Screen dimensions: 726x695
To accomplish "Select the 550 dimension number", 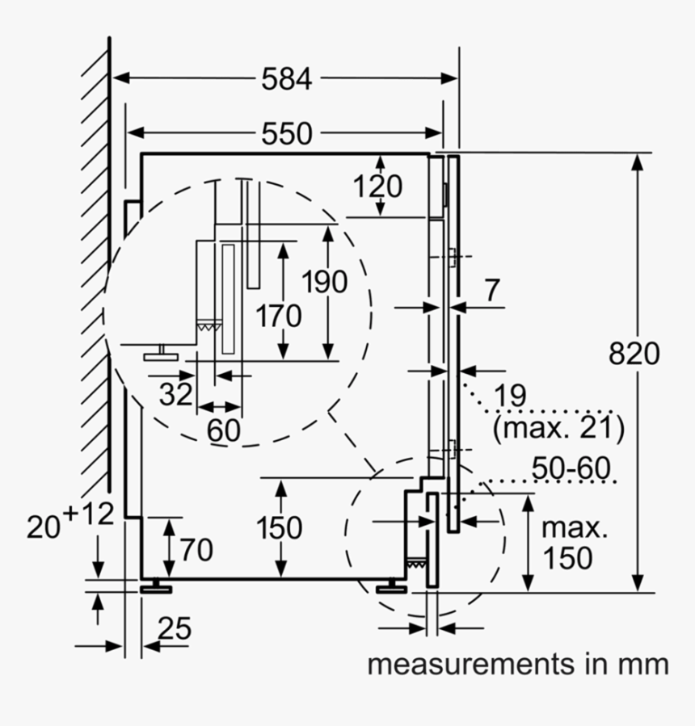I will pos(286,133).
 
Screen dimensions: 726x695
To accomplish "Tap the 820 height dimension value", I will pos(634,353).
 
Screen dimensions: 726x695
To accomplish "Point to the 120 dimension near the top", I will pos(377,187).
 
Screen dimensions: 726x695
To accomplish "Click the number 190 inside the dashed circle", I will pos(324,282).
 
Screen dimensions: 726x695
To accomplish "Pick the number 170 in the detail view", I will pos(279,315).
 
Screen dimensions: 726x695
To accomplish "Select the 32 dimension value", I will pos(175,394).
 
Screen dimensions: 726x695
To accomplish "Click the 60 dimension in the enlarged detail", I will pos(223,430).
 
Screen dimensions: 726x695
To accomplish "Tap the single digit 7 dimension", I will pos(494,290).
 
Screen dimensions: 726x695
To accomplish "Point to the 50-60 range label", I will pos(571,468).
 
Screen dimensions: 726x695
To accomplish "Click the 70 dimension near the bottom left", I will pos(196,550).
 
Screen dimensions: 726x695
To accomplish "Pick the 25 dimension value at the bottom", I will pos(175,627).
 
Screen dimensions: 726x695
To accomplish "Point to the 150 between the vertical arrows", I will pos(280,527).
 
